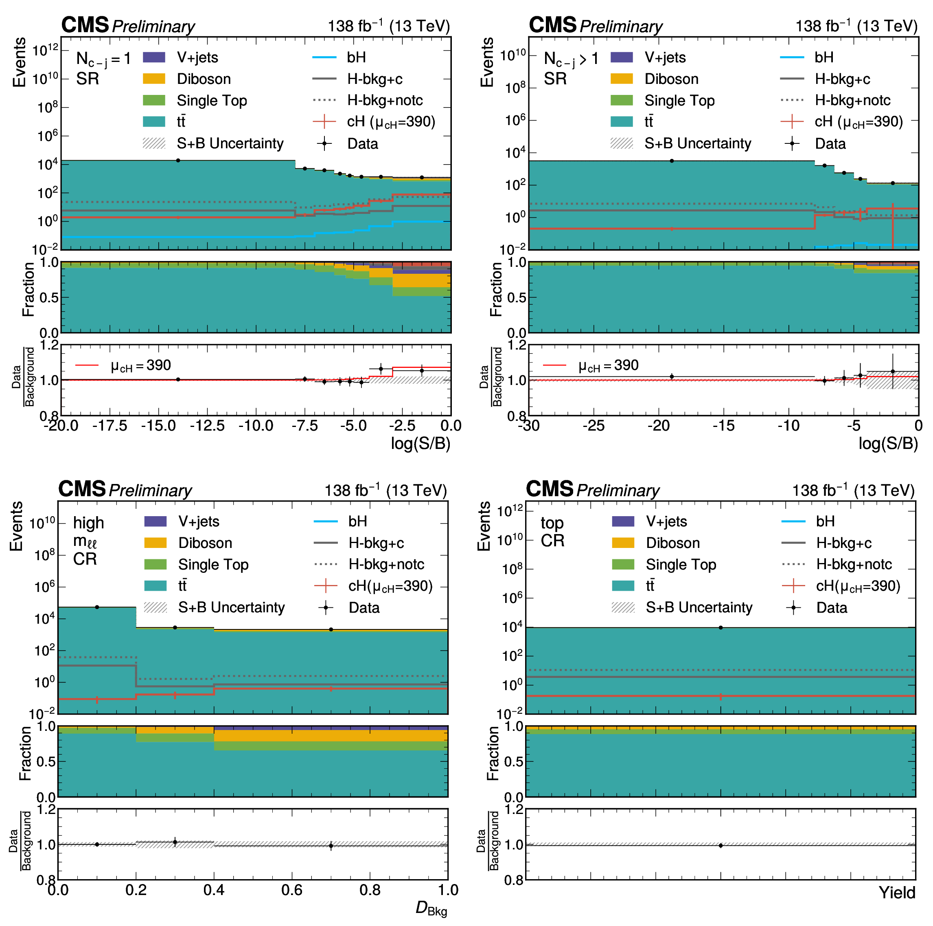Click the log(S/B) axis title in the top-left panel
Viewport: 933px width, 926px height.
point(420,443)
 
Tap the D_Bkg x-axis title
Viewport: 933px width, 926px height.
point(431,908)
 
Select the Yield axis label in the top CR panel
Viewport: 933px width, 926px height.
point(897,893)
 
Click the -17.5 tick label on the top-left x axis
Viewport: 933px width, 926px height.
point(110,426)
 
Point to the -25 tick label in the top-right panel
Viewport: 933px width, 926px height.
point(594,426)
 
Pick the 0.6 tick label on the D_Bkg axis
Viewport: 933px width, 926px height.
point(292,890)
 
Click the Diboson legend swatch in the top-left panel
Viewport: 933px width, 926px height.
point(154,79)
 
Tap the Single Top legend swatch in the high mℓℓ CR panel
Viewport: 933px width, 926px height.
point(155,564)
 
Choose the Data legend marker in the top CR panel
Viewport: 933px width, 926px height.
point(793,607)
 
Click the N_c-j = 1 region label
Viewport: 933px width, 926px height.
point(103,59)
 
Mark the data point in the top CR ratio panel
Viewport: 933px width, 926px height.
point(721,845)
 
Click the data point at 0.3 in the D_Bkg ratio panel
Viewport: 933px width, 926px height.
point(175,842)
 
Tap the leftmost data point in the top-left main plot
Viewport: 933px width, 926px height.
point(178,161)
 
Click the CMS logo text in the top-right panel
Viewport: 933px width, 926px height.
point(552,25)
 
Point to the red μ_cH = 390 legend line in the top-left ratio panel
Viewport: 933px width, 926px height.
point(87,365)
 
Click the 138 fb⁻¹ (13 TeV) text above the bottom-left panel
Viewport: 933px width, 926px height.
point(385,490)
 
